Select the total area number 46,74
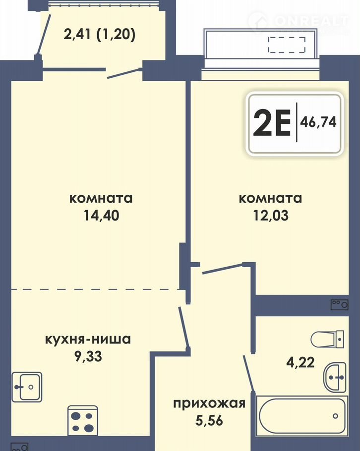[318, 122]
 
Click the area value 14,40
[101, 215]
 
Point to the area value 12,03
[271, 215]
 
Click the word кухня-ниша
[88, 339]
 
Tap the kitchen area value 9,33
[88, 356]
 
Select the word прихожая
[209, 404]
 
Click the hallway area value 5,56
[209, 420]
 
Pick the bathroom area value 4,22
[300, 362]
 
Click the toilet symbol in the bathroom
[327, 339]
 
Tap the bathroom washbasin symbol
[335, 377]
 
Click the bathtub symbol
[302, 416]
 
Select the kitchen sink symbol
[27, 387]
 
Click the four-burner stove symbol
[83, 420]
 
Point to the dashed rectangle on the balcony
[287, 45]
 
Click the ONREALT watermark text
[311, 21]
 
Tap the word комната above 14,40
[101, 198]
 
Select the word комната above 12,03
[271, 198]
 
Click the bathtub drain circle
[335, 416]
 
